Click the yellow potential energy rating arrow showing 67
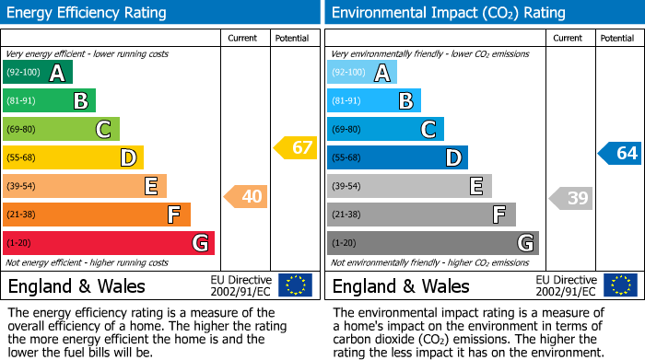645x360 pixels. pyautogui.click(x=296, y=147)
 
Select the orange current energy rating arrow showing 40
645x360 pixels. pyautogui.click(x=246, y=196)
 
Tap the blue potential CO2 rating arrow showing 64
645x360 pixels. pyautogui.click(x=620, y=153)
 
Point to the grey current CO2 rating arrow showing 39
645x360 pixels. pyautogui.click(x=571, y=198)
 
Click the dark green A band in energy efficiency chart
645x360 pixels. pyautogui.click(x=38, y=73)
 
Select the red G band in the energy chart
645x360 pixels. pyautogui.click(x=109, y=243)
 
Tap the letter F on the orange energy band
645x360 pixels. pyautogui.click(x=173, y=215)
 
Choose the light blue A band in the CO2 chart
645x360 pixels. pyautogui.click(x=362, y=73)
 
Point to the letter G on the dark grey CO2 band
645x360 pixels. pyautogui.click(x=524, y=243)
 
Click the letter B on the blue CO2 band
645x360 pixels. pyautogui.click(x=405, y=101)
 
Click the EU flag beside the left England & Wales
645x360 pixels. pyautogui.click(x=295, y=285)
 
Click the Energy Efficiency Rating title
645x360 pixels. pyautogui.click(x=88, y=13)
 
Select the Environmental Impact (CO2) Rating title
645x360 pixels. pyautogui.click(x=448, y=13)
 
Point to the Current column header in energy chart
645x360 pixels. pyautogui.click(x=242, y=38)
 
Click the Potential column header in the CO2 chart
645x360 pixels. pyautogui.click(x=616, y=38)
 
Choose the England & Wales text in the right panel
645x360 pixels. pyautogui.click(x=401, y=286)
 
